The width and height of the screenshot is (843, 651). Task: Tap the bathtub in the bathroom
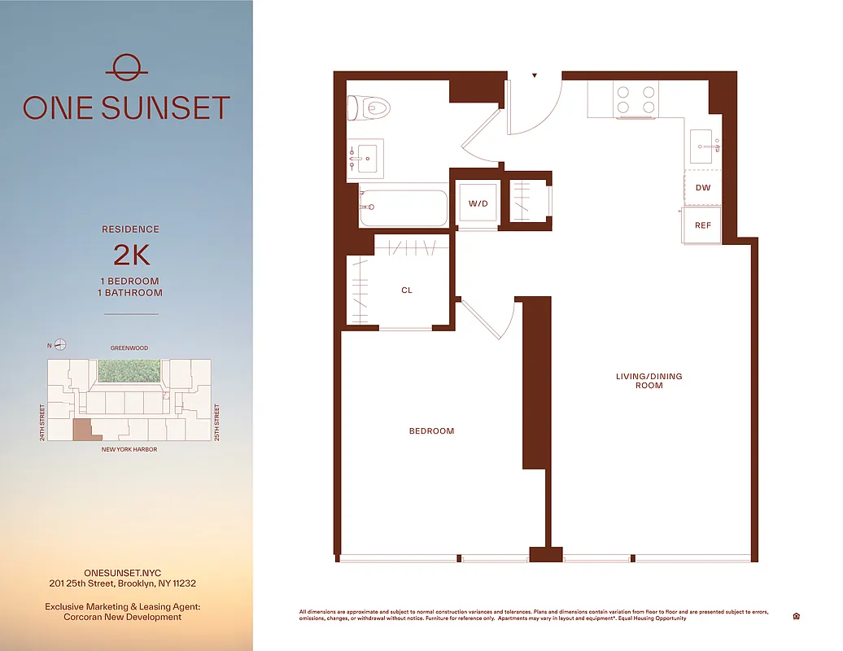pos(404,209)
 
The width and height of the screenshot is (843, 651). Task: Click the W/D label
pos(478,203)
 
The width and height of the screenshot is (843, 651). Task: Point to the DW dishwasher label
pos(703,188)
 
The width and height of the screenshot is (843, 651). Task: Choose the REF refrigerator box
pos(703,225)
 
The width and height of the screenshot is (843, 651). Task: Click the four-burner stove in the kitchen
pos(636,99)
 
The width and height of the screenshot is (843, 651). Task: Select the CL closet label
pos(407,290)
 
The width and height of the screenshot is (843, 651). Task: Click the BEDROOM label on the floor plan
pos(431,431)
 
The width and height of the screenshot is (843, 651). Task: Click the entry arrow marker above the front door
pos(535,76)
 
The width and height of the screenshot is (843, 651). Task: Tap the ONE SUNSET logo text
pos(126,108)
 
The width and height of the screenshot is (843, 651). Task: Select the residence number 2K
pos(131,255)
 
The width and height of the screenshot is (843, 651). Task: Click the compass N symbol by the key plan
pos(60,345)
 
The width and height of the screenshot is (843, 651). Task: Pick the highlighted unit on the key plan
pos(83,430)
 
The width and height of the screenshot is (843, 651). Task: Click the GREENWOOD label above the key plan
pos(129,348)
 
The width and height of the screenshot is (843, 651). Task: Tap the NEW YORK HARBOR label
pos(129,449)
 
